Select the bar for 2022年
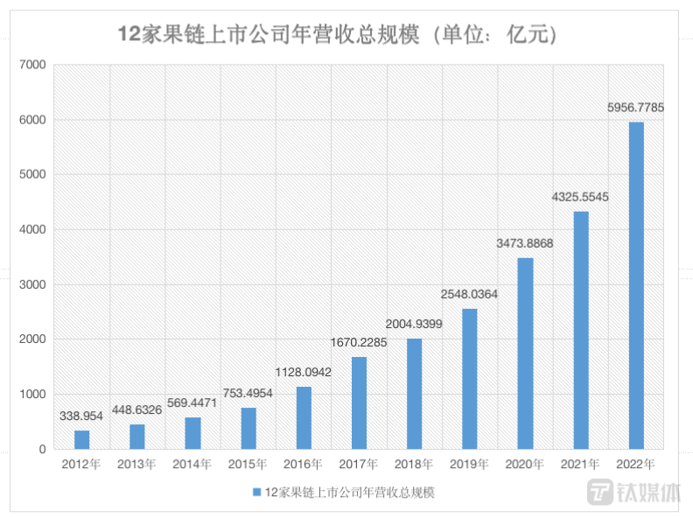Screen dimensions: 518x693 point(636,285)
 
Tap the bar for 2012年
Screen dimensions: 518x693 point(81,439)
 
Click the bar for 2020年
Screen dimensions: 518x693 point(525,353)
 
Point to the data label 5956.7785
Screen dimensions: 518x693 point(636,108)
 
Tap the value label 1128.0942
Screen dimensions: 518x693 point(303,372)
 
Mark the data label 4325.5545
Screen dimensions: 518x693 point(580,197)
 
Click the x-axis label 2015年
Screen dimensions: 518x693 point(248,465)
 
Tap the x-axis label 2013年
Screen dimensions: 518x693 point(136,465)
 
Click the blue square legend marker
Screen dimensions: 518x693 point(256,493)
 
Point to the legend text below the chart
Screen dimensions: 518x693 point(349,493)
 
